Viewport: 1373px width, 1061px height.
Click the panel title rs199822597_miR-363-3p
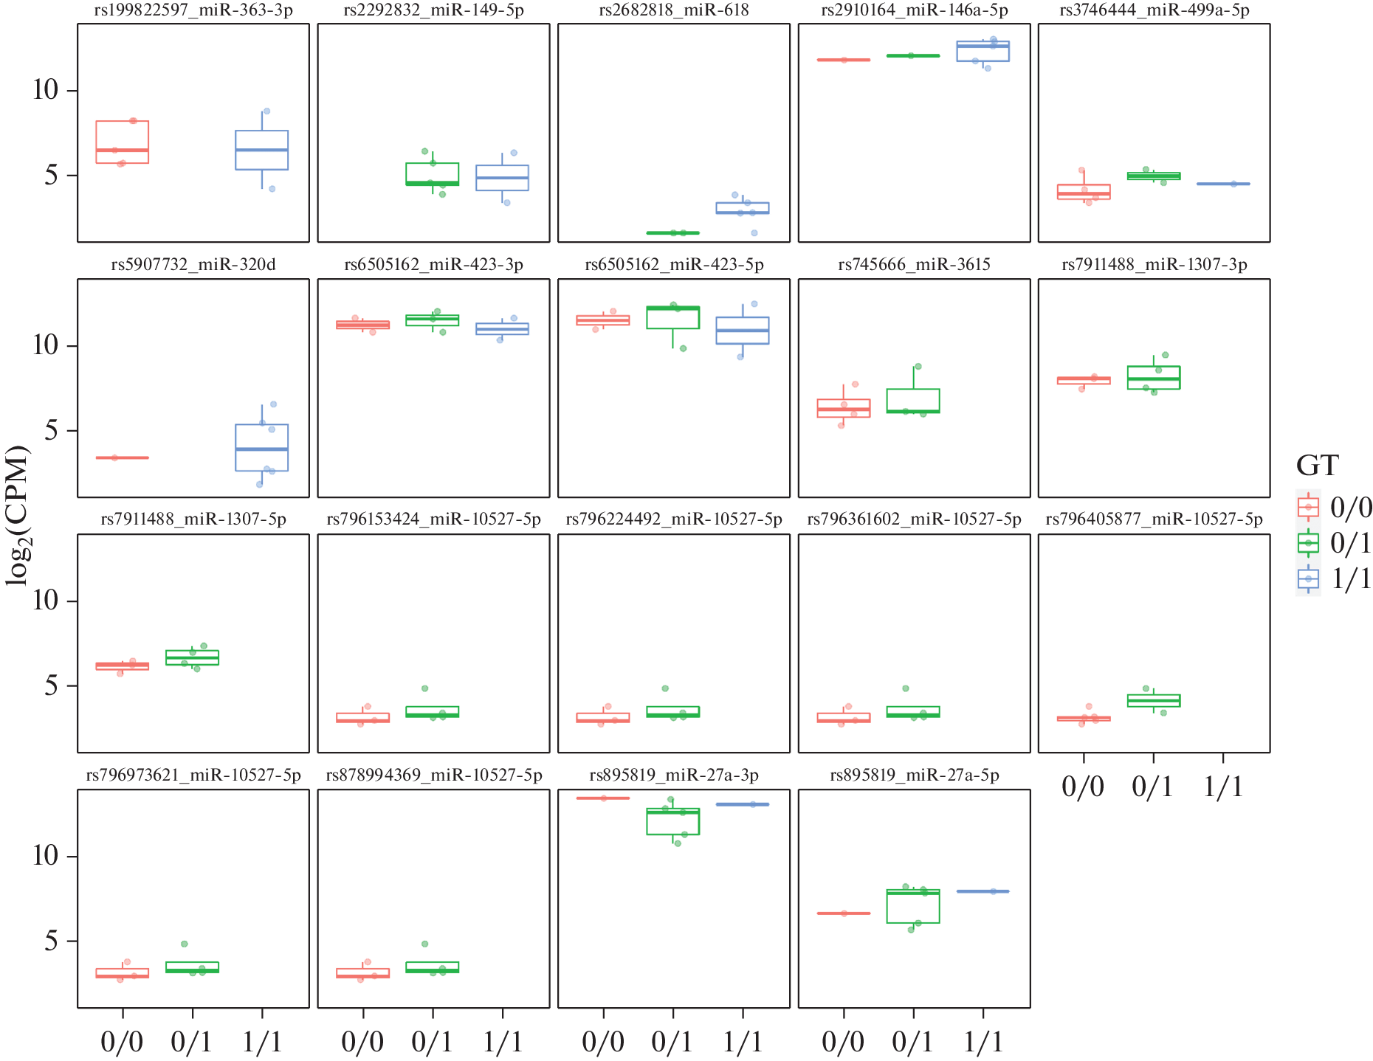click(x=193, y=10)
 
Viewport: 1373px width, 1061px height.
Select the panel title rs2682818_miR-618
click(x=673, y=10)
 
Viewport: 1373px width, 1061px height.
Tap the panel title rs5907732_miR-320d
click(x=193, y=265)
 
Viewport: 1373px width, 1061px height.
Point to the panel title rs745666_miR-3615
click(x=914, y=265)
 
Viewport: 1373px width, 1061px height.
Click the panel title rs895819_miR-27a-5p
click(x=914, y=775)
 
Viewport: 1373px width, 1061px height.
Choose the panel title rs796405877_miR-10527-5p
click(x=1154, y=519)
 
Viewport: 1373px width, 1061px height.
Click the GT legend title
click(x=1317, y=466)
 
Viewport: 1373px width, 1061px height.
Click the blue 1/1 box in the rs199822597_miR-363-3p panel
click(x=261, y=151)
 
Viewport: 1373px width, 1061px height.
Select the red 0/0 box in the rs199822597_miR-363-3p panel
click(x=123, y=142)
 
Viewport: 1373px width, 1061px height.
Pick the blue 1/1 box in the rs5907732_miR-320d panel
click(x=261, y=447)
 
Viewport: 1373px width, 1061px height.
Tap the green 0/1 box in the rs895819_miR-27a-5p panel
click(x=912, y=906)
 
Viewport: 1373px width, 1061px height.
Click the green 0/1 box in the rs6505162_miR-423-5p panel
click(x=672, y=317)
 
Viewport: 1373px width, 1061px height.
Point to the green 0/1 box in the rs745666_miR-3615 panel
click(x=912, y=401)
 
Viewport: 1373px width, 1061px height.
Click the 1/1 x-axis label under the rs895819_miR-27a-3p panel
click(x=742, y=1042)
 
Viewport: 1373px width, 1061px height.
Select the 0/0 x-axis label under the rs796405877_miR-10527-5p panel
click(x=1082, y=787)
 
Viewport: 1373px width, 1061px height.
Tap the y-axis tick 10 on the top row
click(x=45, y=90)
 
